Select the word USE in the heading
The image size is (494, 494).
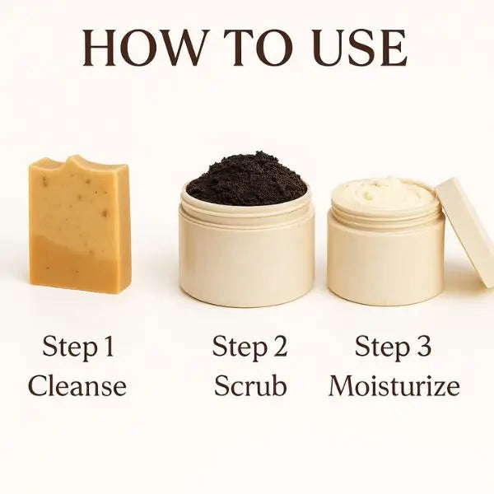pos(358,48)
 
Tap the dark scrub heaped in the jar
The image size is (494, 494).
pos(247,179)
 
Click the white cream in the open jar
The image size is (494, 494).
pos(385,193)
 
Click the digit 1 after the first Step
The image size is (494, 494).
pos(109,346)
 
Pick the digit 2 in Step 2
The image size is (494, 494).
pos(279,346)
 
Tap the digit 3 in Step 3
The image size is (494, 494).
pos(423,346)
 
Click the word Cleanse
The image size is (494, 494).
pos(77,386)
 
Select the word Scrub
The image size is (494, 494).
pos(250,385)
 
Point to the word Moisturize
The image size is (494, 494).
pos(394,385)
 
